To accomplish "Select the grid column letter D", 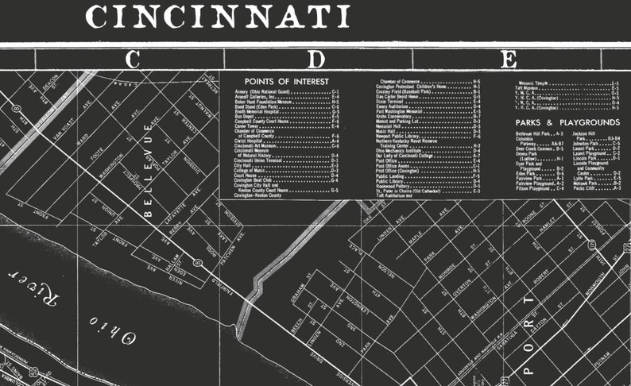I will [317, 59].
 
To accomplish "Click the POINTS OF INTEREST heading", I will [276, 81].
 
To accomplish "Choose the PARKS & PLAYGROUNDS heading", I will [567, 122].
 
